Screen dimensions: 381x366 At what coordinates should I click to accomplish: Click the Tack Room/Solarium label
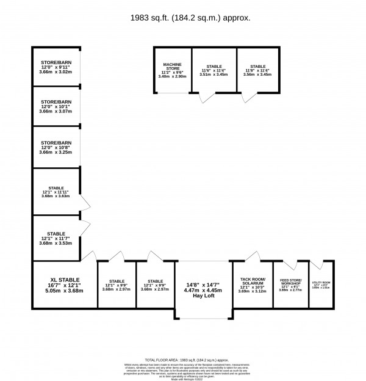tap(252, 281)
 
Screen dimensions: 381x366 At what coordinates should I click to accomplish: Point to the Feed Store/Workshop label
tap(291, 283)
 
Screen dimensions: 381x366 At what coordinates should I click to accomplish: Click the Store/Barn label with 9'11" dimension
tap(56, 62)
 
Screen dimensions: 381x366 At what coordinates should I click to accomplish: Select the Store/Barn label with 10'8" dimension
tap(56, 142)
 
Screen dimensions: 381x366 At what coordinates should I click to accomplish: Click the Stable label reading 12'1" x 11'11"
tap(56, 188)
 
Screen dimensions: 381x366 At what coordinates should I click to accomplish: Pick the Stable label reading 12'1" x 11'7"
tap(56, 233)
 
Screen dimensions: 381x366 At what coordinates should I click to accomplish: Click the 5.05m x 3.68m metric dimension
tap(65, 291)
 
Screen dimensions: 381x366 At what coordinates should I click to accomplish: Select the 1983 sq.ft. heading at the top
tap(182, 18)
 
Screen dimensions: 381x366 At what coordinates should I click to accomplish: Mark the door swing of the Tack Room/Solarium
tap(253, 256)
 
